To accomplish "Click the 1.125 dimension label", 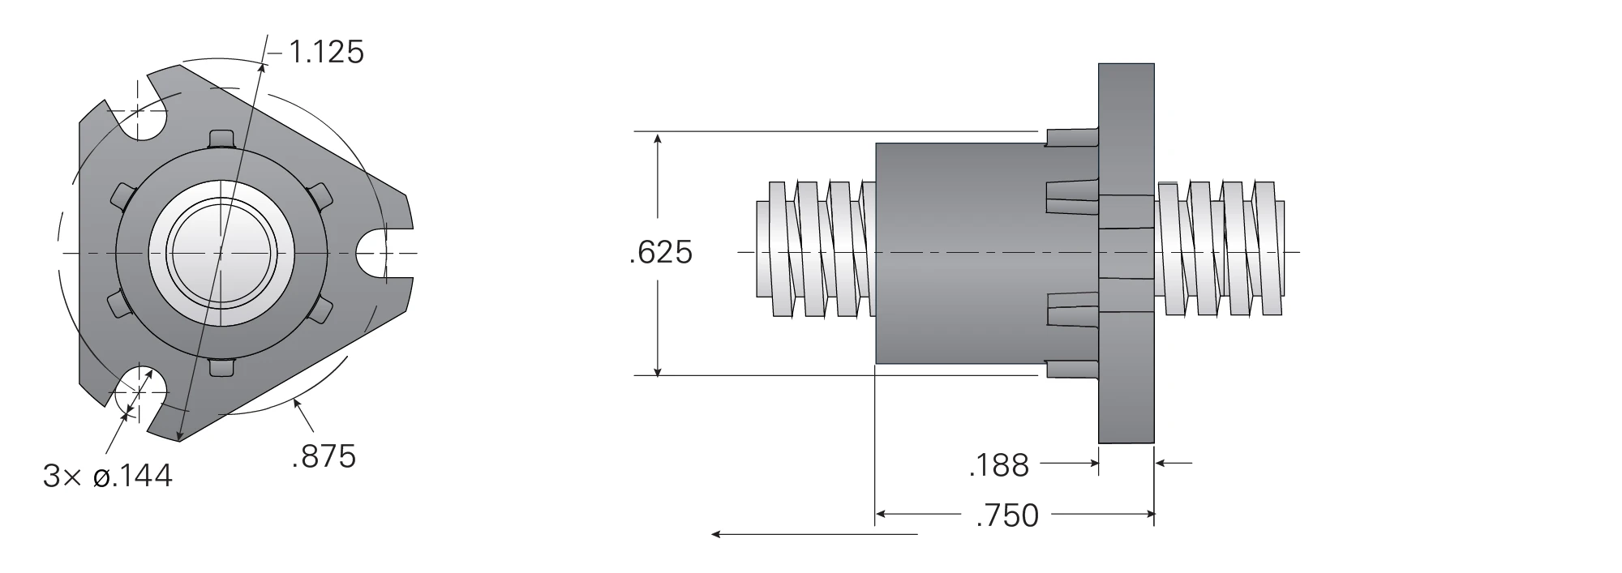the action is click(x=327, y=53).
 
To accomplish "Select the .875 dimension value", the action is click(x=324, y=457).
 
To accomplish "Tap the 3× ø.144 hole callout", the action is click(x=108, y=477).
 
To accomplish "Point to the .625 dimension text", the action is click(x=661, y=253).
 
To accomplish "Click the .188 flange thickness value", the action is click(x=998, y=466).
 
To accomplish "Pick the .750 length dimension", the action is click(x=1007, y=515).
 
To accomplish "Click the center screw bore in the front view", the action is click(x=220, y=254).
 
